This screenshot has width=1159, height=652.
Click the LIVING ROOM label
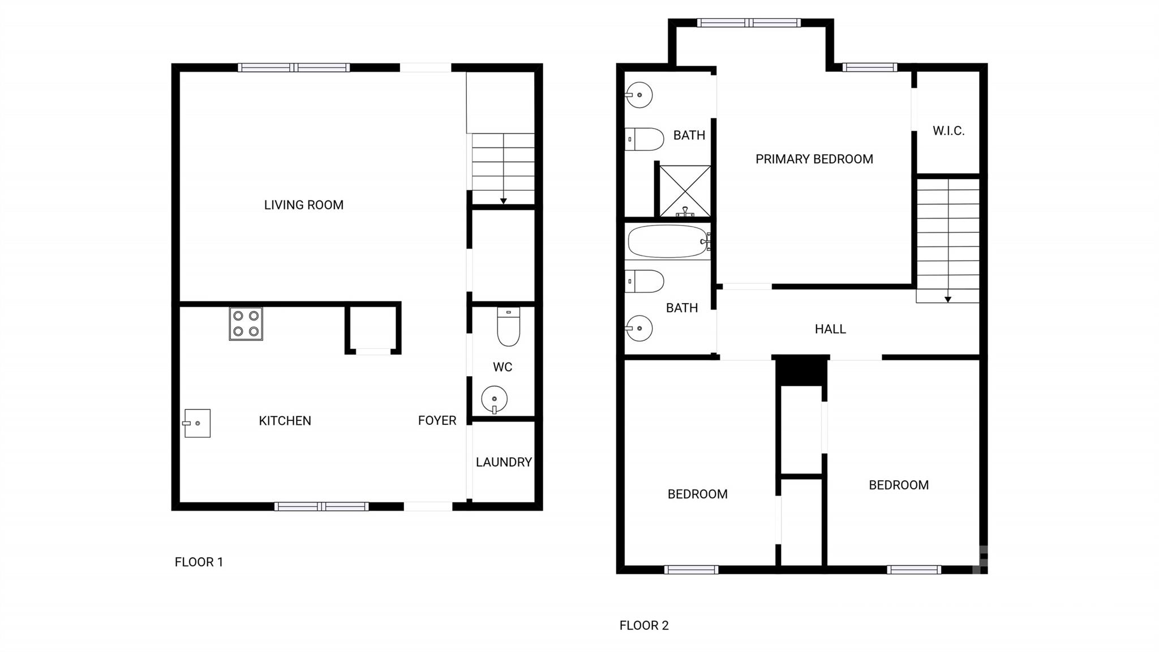pos(303,205)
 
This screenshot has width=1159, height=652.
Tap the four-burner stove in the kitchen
pos(246,323)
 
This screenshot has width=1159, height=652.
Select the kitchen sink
pos(197,423)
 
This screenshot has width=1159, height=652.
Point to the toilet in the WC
pos(508,327)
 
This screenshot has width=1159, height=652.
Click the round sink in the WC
pos(494,399)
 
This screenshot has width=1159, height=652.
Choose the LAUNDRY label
pos(504,462)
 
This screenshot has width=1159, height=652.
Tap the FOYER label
pos(437,420)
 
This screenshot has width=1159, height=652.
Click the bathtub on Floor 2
pos(668,241)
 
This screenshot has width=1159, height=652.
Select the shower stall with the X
pos(685,191)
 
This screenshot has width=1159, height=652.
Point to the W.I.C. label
pos(948,131)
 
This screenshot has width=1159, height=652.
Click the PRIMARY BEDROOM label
pos(814,159)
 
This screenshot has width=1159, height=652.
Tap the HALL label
pos(830,329)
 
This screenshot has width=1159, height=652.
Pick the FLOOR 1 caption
pos(199,562)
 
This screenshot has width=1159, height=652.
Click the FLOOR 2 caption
pos(644,625)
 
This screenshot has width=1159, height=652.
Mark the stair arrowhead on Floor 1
pos(503,201)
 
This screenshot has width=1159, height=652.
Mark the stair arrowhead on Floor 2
pos(948,300)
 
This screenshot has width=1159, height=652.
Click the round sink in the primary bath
pos(639,95)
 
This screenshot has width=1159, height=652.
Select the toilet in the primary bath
pos(645,139)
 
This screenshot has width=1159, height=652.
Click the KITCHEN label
pos(285,421)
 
